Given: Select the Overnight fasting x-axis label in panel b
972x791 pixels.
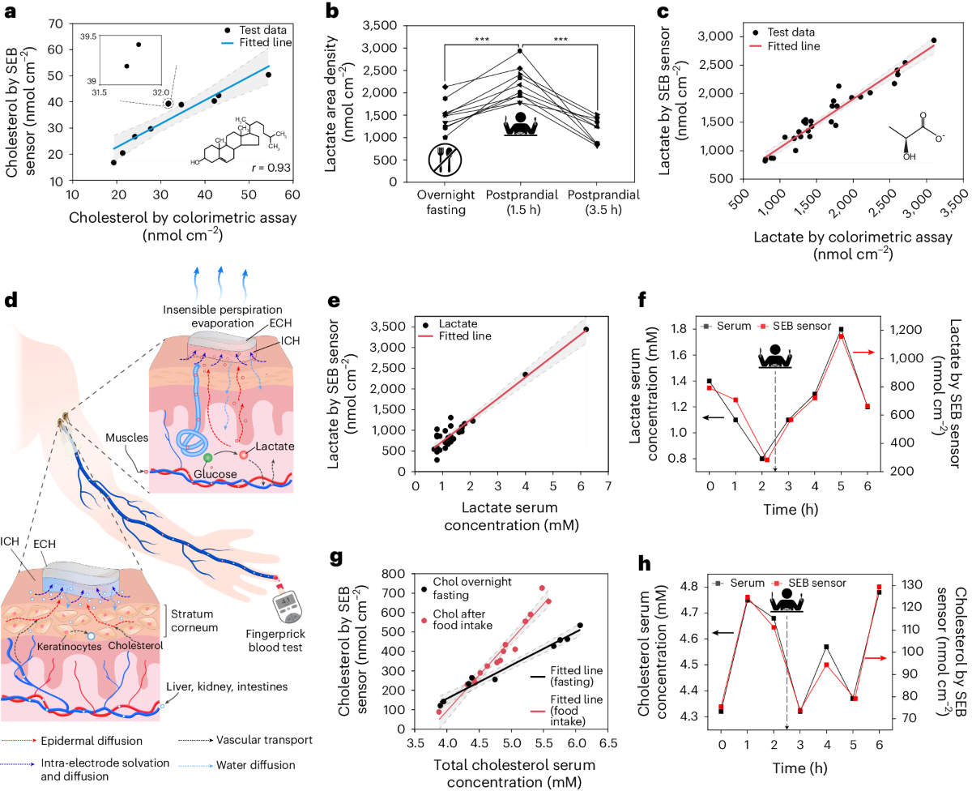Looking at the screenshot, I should pos(443,203).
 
